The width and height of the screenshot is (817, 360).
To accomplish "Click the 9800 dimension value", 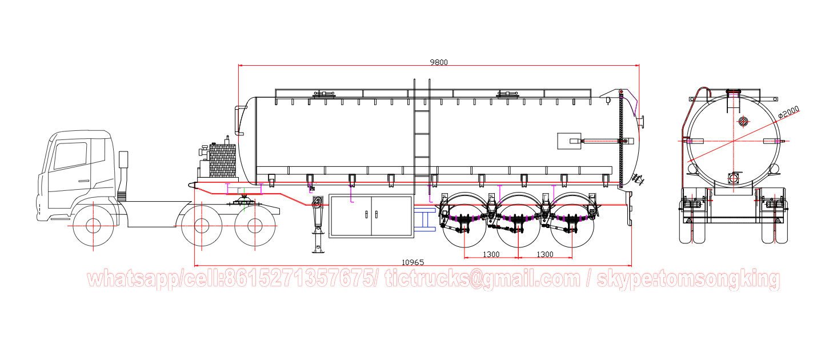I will pyautogui.click(x=439, y=62).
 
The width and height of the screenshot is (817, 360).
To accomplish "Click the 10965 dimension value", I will pyautogui.click(x=412, y=262).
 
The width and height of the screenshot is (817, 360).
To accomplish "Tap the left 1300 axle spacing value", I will pyautogui.click(x=491, y=254).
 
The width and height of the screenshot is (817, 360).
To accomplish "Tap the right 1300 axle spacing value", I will pyautogui.click(x=544, y=254).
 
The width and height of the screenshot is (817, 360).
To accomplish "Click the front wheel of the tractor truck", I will pyautogui.click(x=93, y=225).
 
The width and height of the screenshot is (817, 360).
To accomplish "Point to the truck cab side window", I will pyautogui.click(x=70, y=155).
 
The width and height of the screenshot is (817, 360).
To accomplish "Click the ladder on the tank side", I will pyautogui.click(x=422, y=137).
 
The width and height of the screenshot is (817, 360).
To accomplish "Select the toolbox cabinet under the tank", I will pyautogui.click(x=371, y=215).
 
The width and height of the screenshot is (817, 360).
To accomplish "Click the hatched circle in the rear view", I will pyautogui.click(x=743, y=121).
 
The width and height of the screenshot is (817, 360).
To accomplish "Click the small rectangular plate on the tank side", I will pyautogui.click(x=569, y=141).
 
